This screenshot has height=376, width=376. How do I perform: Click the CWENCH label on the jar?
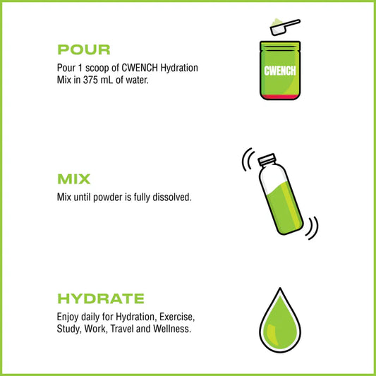279,71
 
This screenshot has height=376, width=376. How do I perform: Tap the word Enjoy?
68,315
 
